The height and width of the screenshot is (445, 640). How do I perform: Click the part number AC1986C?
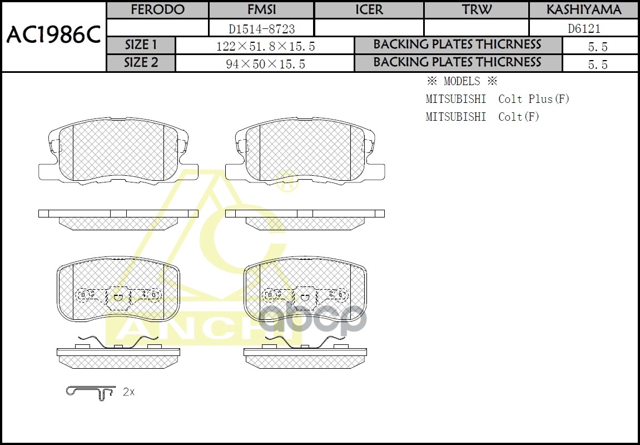pyautogui.click(x=53, y=36)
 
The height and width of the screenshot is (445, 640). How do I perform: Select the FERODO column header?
pyautogui.click(x=157, y=10)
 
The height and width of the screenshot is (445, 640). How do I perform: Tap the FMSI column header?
pyautogui.click(x=262, y=10)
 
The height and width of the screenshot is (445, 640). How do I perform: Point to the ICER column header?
pyautogui.click(x=369, y=10)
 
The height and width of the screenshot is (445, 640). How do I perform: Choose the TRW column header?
pyautogui.click(x=477, y=10)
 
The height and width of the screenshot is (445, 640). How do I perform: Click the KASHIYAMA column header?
pyautogui.click(x=584, y=10)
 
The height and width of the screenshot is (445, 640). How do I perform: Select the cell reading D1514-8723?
pyautogui.click(x=262, y=29)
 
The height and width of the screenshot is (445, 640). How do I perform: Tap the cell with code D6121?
pyautogui.click(x=584, y=29)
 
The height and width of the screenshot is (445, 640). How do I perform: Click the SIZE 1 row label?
pyautogui.click(x=141, y=45)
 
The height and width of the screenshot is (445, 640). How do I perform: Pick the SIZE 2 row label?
pyautogui.click(x=141, y=63)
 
